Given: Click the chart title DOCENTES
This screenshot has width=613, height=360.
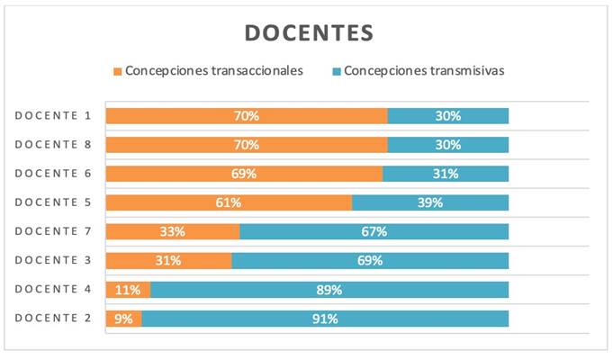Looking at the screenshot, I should (309, 33).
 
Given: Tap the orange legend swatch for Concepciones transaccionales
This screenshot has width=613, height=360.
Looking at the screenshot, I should (117, 71).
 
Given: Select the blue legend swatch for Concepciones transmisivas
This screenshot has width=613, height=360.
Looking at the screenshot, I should (337, 71).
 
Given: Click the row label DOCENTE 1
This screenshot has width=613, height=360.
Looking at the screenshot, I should (53, 115).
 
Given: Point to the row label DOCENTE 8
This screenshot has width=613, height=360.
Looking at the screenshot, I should (53, 144).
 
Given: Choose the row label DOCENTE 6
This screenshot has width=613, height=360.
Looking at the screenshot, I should (53, 173).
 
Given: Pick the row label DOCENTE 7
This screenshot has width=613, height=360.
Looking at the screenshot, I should (53, 231).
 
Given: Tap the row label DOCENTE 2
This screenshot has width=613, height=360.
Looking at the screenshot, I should (53, 318).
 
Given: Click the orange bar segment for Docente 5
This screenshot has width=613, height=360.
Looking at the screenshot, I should (229, 202).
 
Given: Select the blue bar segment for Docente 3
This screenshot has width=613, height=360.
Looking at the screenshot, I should (370, 261).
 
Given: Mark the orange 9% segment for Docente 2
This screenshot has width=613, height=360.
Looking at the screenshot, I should (123, 319).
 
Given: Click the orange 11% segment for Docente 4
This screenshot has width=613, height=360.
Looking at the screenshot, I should (128, 290).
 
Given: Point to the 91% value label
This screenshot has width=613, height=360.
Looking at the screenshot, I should (325, 319).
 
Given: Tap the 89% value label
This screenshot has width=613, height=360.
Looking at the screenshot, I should (329, 290).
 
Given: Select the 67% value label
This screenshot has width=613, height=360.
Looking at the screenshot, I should (374, 231).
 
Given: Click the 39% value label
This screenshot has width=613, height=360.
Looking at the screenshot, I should (430, 202).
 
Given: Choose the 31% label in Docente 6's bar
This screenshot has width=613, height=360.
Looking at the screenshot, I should (446, 174).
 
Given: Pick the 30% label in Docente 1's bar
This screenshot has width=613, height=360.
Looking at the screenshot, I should (448, 115).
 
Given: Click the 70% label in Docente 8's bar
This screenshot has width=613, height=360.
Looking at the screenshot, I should (247, 144).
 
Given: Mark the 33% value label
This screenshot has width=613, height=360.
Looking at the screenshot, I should (172, 231).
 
